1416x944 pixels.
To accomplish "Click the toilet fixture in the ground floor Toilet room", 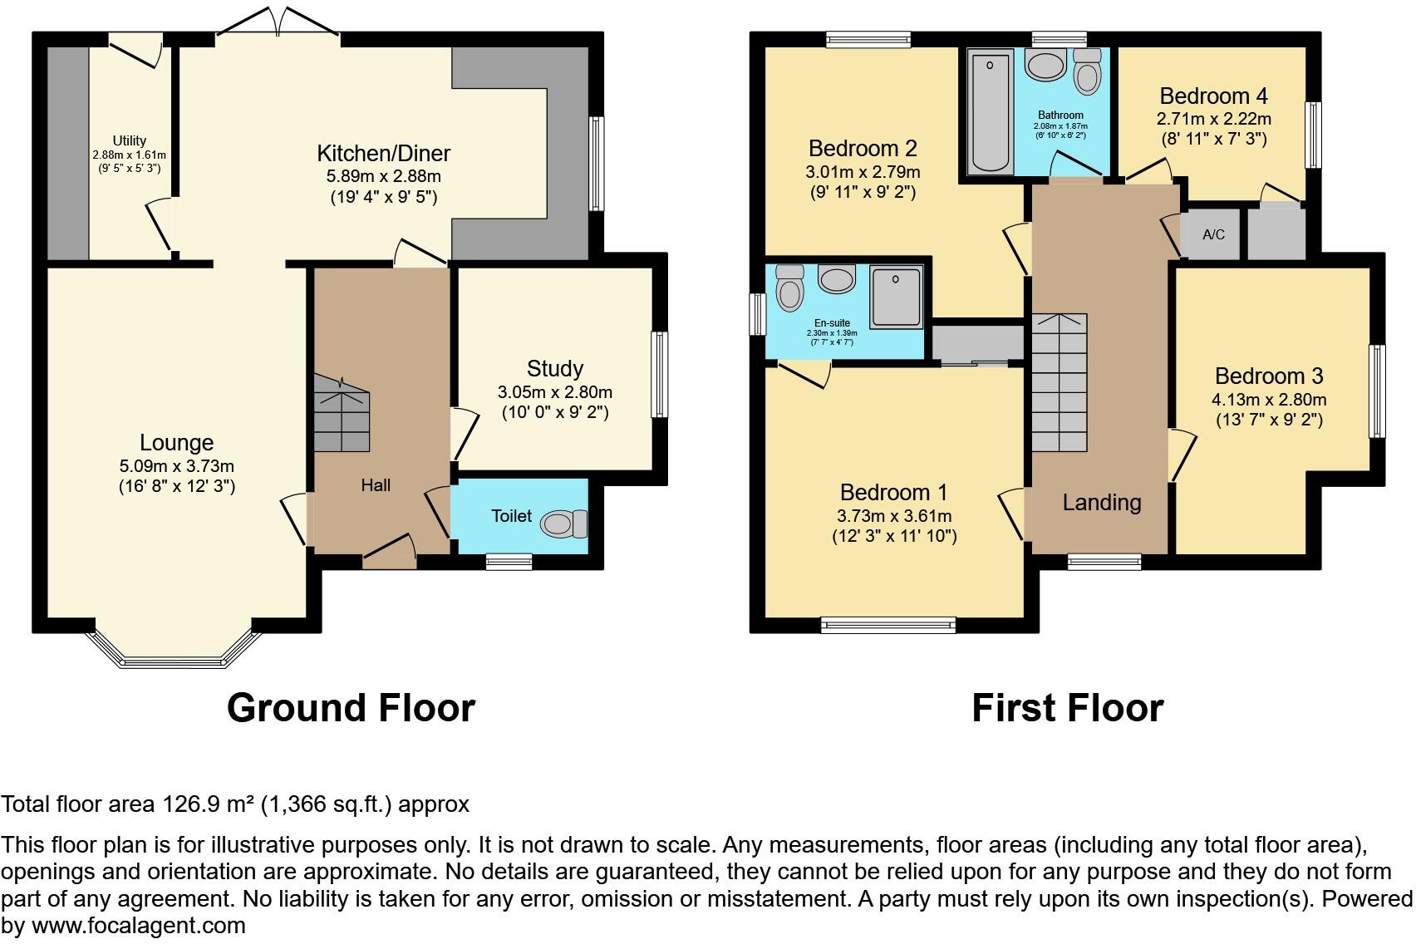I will click(563, 524).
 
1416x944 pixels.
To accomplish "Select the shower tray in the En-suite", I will click(896, 297).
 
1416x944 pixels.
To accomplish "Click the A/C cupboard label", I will click(1213, 234).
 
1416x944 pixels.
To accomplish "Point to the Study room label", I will click(554, 368).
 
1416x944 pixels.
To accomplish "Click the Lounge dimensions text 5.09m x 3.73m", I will click(176, 465).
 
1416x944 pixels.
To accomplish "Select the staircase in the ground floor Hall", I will click(342, 413).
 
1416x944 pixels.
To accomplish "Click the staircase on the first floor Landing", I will click(1060, 382).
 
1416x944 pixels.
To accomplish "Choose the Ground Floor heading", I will click(351, 708).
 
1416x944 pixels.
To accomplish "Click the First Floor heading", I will click(1067, 708).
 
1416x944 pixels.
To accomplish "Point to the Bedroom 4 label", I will click(1213, 96).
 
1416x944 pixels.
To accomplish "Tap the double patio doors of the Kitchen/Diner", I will click(278, 25).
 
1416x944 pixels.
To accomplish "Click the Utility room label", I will click(130, 140).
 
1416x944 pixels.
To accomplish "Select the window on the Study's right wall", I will click(659, 374).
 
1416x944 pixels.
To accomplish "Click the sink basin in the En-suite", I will click(837, 278).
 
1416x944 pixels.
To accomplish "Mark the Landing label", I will click(1102, 502).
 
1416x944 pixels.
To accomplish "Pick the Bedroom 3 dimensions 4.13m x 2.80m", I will click(1268, 399).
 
